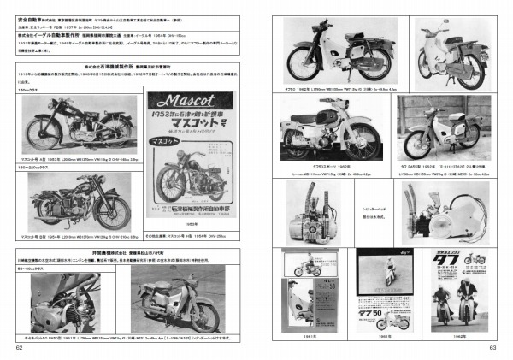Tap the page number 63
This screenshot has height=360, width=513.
(x=492, y=346)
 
